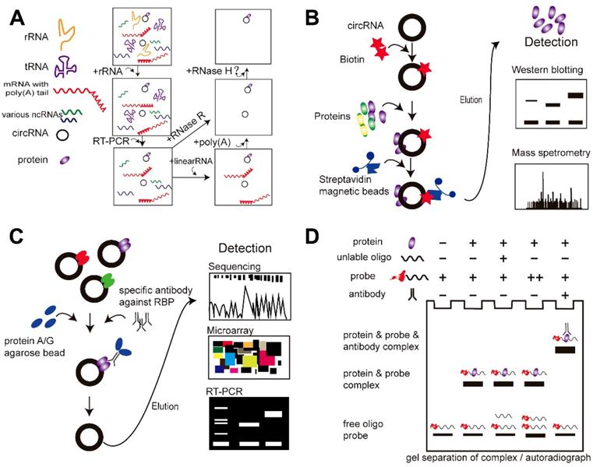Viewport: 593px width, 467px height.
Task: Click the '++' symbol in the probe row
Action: coord(531,276)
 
